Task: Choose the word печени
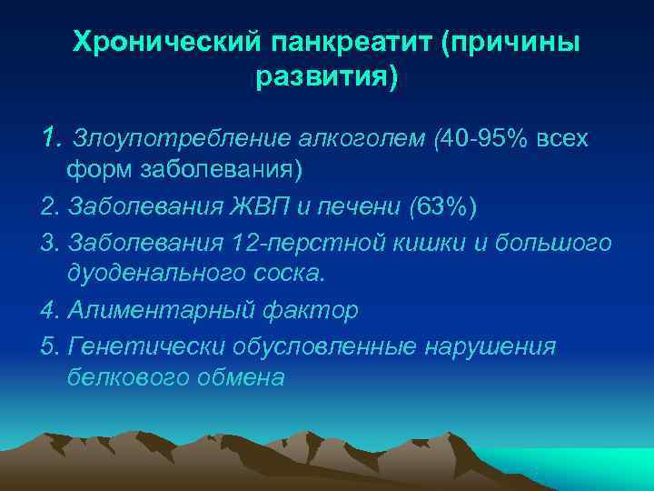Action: point(363,205)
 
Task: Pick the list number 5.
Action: point(49,347)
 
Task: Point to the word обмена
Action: point(242,376)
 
